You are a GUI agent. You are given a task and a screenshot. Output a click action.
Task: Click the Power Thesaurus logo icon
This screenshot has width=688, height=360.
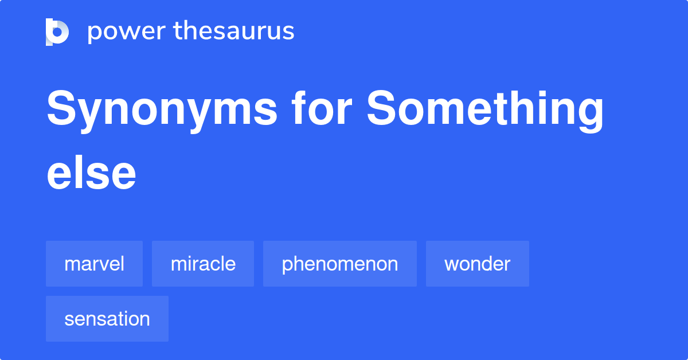point(57,32)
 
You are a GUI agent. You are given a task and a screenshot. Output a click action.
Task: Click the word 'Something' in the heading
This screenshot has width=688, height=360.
point(485,110)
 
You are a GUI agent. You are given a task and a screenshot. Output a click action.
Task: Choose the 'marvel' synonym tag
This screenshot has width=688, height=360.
point(94,264)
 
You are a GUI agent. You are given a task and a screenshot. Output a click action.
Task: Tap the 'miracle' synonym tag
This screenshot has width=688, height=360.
point(203,264)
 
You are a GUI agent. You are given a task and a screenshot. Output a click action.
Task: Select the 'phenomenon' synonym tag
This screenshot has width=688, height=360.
point(340,264)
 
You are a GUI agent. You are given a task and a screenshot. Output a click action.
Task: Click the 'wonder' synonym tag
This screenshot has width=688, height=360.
point(477,264)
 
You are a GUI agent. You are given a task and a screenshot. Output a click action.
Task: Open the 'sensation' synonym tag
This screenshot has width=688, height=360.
point(107,319)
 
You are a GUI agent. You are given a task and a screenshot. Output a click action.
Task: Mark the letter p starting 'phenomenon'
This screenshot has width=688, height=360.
point(287,265)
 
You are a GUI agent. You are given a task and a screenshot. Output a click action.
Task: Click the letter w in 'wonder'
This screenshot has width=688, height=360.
point(451,264)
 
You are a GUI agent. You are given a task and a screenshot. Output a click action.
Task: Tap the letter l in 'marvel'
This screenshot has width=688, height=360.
point(122,263)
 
